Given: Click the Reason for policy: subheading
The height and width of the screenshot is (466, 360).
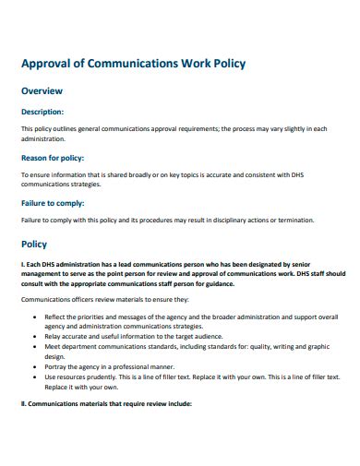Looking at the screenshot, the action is click(53, 159).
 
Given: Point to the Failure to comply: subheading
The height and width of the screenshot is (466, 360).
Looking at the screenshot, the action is click(53, 202).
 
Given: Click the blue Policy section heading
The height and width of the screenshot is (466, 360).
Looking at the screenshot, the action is click(34, 245).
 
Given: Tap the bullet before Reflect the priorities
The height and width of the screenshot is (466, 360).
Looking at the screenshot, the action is click(33, 317).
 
